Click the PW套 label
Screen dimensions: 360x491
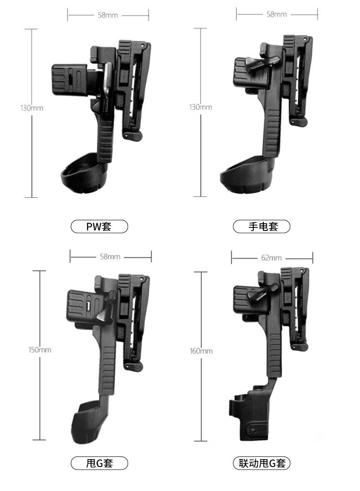point(99,226)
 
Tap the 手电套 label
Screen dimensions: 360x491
point(262,226)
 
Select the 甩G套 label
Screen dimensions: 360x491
point(99,463)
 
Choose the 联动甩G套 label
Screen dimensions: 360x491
point(262,463)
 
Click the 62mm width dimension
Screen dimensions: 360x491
point(271,258)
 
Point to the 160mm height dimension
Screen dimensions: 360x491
point(201,351)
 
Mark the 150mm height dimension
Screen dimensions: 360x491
point(40,350)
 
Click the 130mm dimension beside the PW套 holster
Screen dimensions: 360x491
point(31,108)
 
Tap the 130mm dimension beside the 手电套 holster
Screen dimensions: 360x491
point(201,107)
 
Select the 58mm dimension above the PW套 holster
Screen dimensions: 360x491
point(108,15)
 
